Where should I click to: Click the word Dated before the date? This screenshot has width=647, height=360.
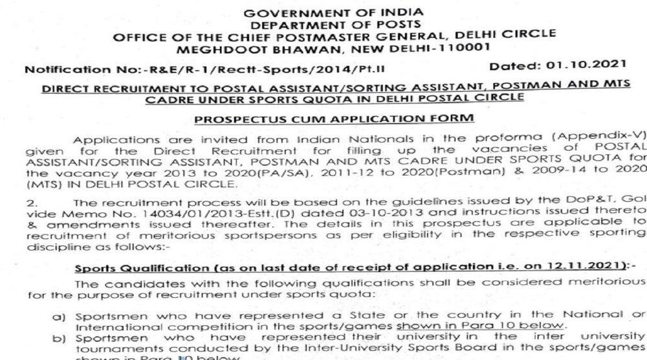[x=513, y=65]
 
